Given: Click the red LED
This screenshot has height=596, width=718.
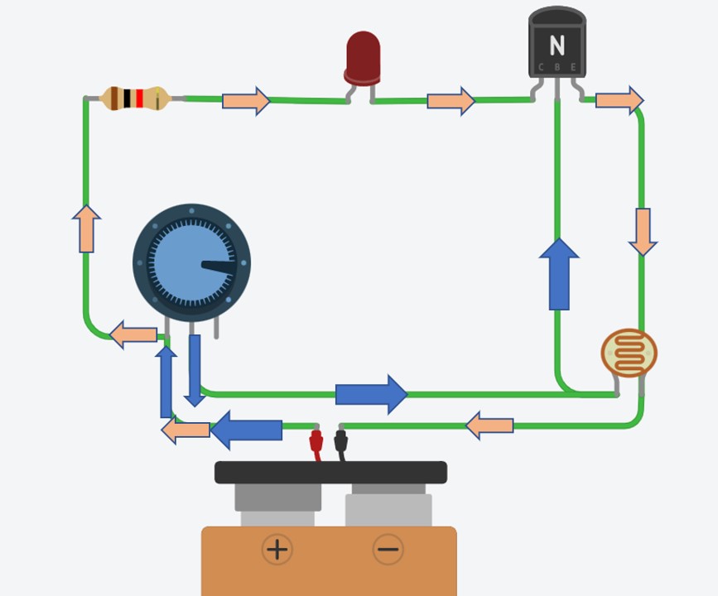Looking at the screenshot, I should [363, 58].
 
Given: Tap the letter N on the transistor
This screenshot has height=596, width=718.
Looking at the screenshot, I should [557, 46].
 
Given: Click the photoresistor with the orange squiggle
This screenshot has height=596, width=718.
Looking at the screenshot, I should [629, 353].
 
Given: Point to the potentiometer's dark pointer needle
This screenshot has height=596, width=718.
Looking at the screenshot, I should [219, 267].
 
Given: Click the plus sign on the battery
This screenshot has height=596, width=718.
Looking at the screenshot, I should [277, 549].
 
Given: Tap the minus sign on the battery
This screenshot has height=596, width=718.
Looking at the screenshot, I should [388, 549].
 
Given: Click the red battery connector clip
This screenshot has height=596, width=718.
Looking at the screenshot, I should [316, 442].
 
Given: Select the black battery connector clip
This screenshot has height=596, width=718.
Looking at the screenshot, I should [340, 442].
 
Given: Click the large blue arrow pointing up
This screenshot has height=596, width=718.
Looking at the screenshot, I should [559, 275].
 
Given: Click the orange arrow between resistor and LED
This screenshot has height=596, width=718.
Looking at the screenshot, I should [246, 101].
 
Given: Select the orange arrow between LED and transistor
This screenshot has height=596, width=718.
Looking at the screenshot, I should [451, 101].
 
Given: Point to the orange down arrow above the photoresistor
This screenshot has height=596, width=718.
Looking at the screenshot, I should [643, 232].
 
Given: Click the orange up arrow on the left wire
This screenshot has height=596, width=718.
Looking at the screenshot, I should [86, 228].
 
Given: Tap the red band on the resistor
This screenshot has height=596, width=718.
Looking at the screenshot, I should [139, 99].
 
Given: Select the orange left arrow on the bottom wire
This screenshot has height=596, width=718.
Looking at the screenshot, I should [489, 426].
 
